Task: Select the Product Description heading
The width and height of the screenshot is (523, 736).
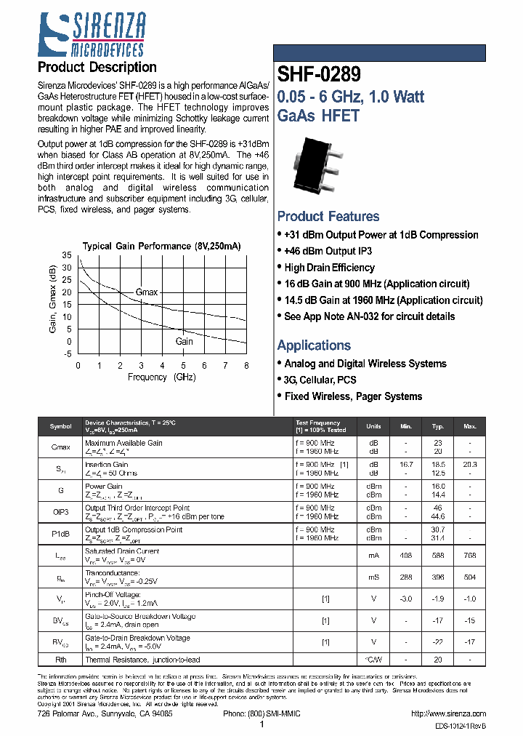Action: click(x=97, y=68)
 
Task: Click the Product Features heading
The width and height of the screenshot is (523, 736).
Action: click(x=328, y=217)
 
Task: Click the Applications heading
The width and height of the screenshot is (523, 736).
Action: click(x=314, y=345)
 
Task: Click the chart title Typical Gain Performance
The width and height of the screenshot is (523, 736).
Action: click(x=161, y=246)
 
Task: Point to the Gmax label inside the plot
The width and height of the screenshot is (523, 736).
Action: click(x=147, y=292)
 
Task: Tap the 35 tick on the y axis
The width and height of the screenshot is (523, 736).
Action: click(x=68, y=255)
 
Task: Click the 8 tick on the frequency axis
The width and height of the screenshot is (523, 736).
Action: click(x=246, y=366)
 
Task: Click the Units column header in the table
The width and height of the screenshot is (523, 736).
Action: click(x=373, y=426)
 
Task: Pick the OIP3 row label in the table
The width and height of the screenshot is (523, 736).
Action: click(x=61, y=512)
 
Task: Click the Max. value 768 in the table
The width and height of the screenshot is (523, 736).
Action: click(x=470, y=556)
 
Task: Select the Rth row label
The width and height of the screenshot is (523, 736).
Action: click(x=61, y=660)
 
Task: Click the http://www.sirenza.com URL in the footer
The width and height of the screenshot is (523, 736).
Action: click(x=448, y=714)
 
